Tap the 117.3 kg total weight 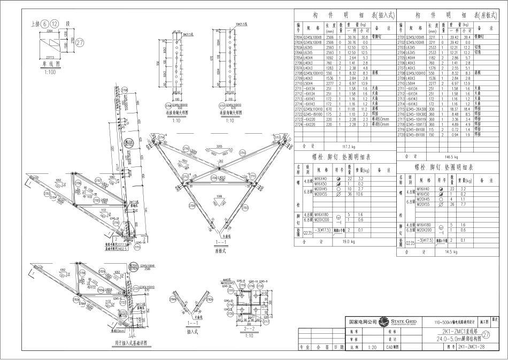[x=349, y=145]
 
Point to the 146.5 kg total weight [x=451, y=157]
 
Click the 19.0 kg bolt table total [x=349, y=241]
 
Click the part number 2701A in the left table [x=299, y=37]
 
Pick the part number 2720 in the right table [x=401, y=135]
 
